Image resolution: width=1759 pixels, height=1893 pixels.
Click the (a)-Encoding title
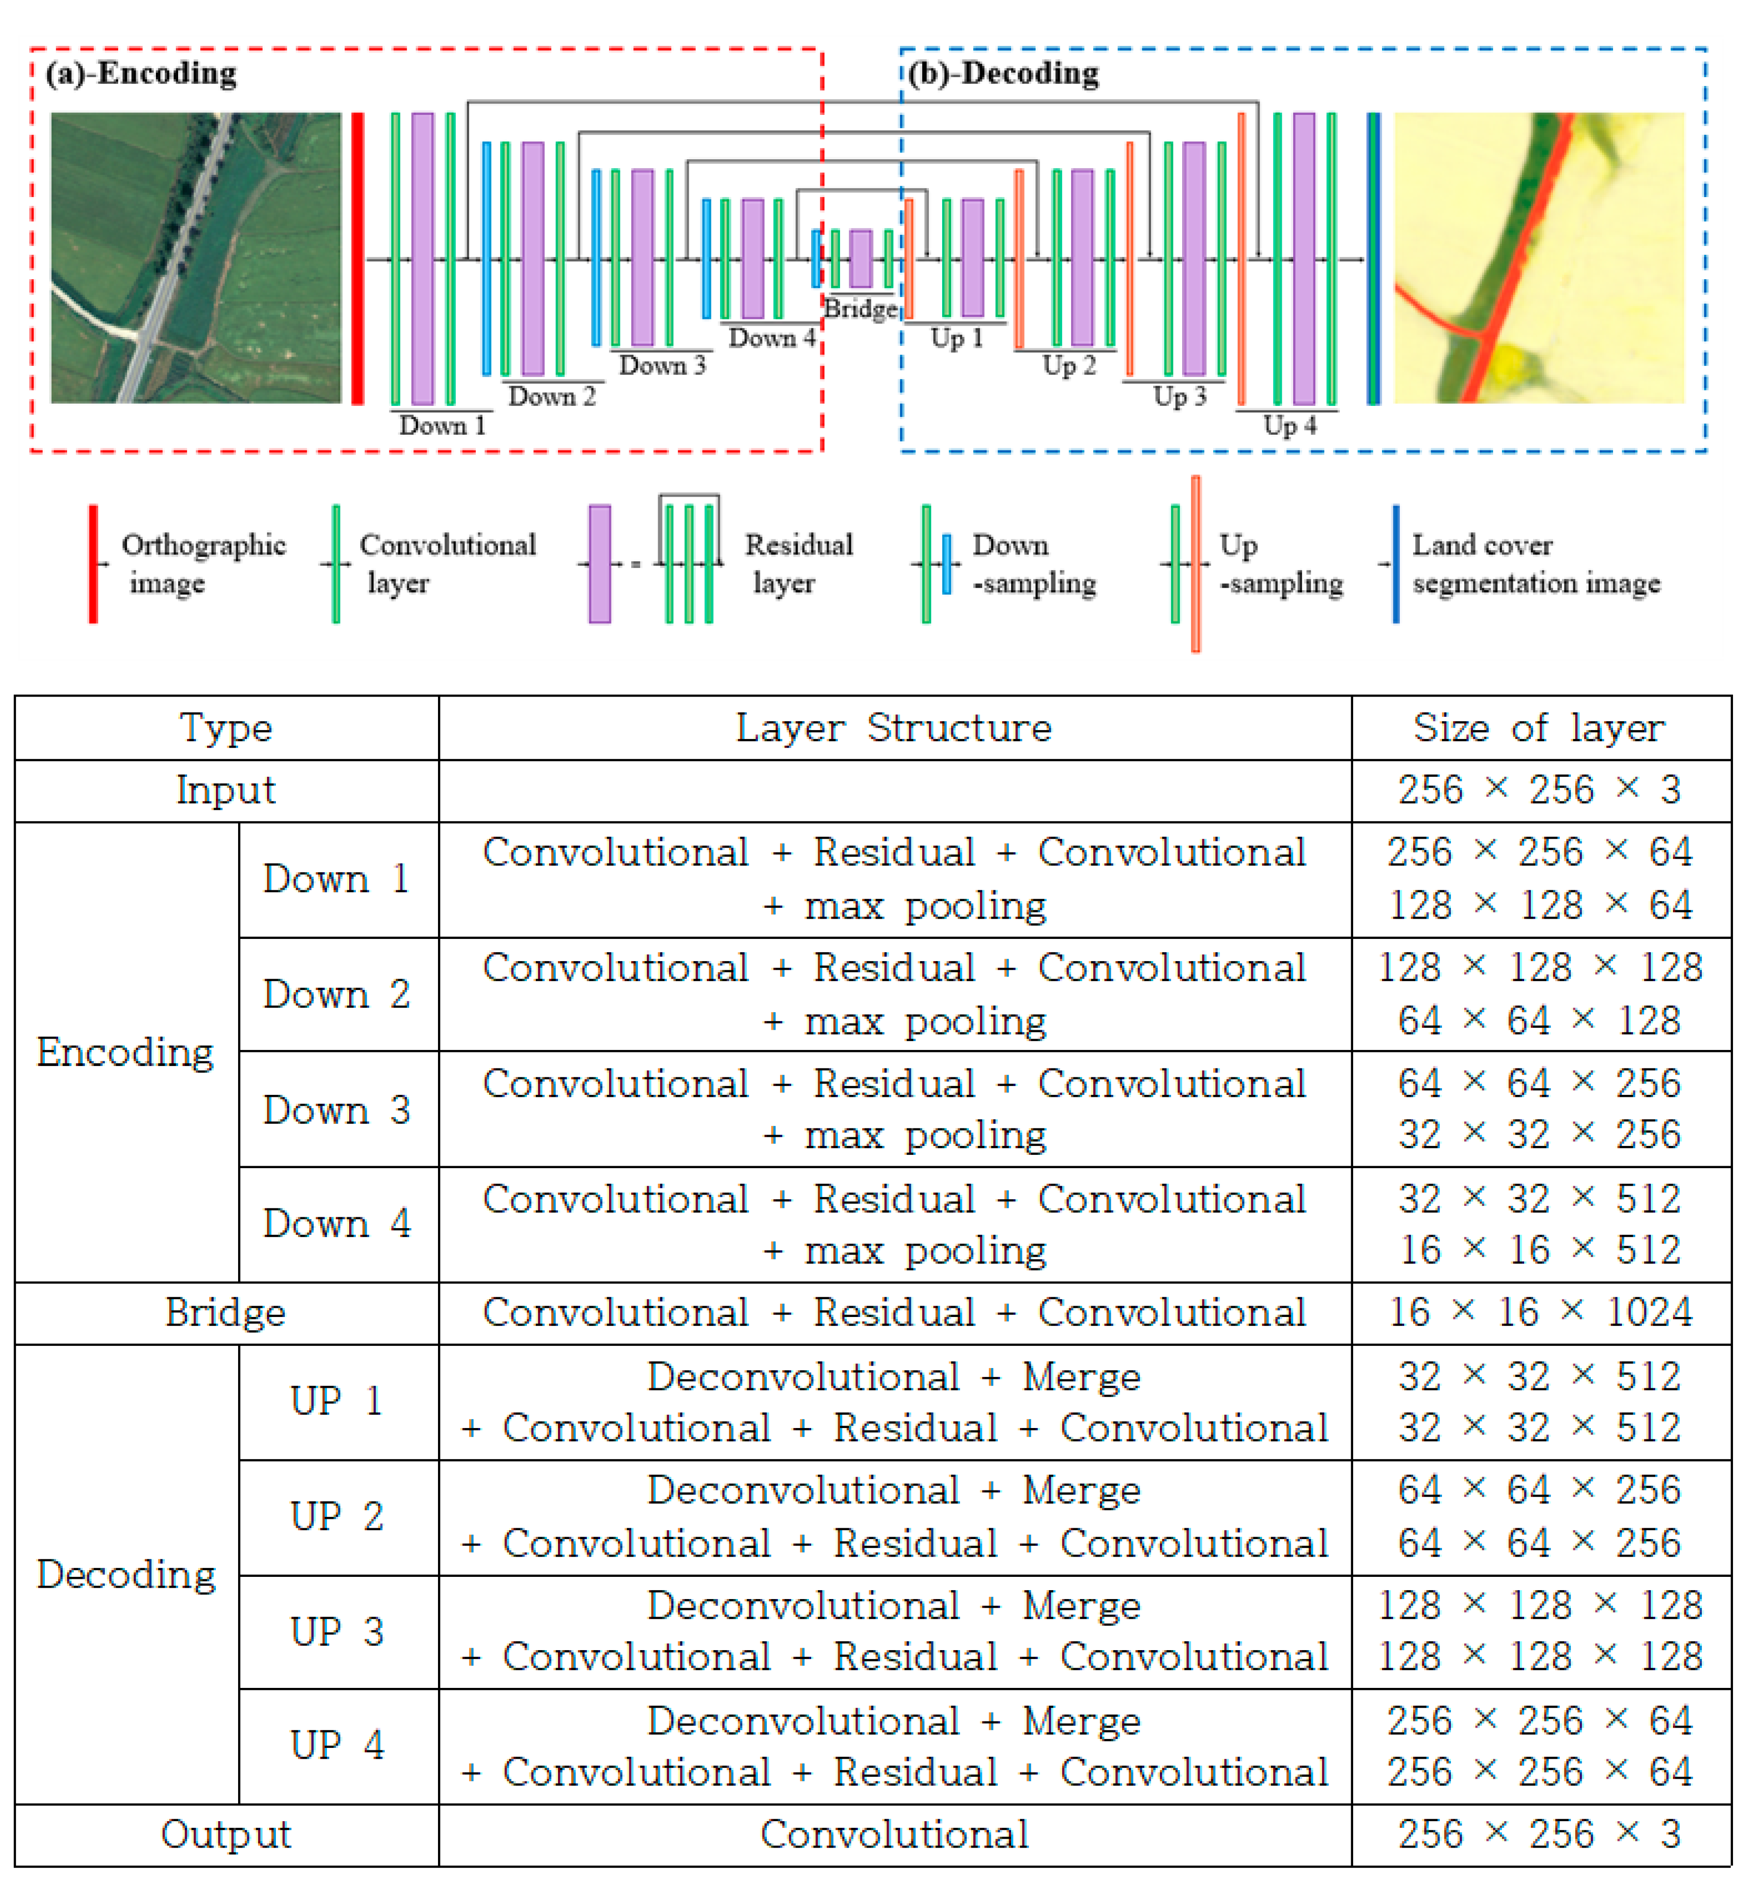pos(141,73)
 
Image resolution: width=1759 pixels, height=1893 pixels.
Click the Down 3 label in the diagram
pos(662,365)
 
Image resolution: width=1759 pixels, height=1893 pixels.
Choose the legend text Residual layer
pos(798,563)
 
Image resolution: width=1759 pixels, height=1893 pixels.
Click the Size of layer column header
pos(1539,728)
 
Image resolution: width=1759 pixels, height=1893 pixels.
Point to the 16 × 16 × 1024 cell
pos(1539,1312)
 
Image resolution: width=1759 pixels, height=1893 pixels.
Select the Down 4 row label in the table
pos(337,1224)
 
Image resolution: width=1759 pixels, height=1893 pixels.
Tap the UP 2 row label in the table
pos(337,1516)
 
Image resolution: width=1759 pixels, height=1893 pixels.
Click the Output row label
pos(225,1834)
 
